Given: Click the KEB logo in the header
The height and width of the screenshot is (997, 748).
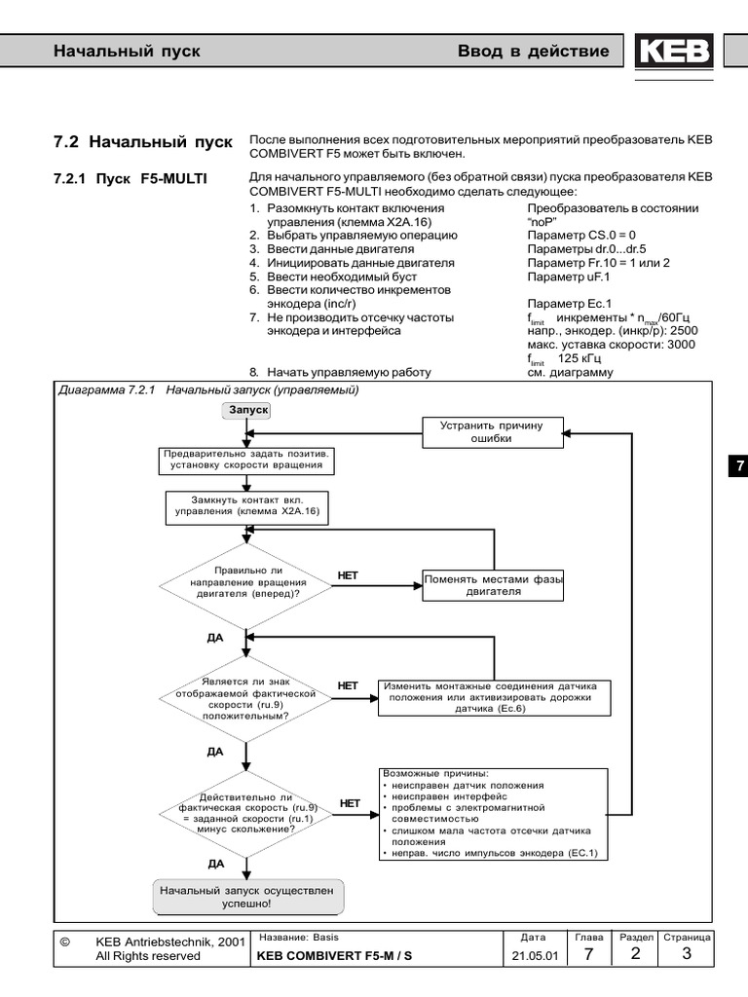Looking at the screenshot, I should click(x=674, y=53).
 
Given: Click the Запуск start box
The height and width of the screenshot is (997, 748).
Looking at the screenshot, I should click(x=247, y=411).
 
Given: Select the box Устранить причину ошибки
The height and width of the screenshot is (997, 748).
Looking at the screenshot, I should click(x=495, y=432).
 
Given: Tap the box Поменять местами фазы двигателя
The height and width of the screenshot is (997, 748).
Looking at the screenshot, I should click(x=494, y=584).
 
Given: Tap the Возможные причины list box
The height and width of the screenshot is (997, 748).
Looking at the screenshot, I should click(x=491, y=813).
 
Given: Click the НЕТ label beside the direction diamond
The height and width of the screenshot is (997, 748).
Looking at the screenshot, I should click(x=348, y=575).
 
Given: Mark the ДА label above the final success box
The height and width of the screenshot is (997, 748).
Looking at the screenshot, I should click(x=216, y=863).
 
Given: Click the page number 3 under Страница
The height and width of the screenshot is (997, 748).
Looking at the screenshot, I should click(x=687, y=954).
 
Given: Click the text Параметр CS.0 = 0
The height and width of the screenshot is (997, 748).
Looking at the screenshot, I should click(x=581, y=236).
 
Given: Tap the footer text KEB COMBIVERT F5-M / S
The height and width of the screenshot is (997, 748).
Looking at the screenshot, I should click(x=335, y=956).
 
